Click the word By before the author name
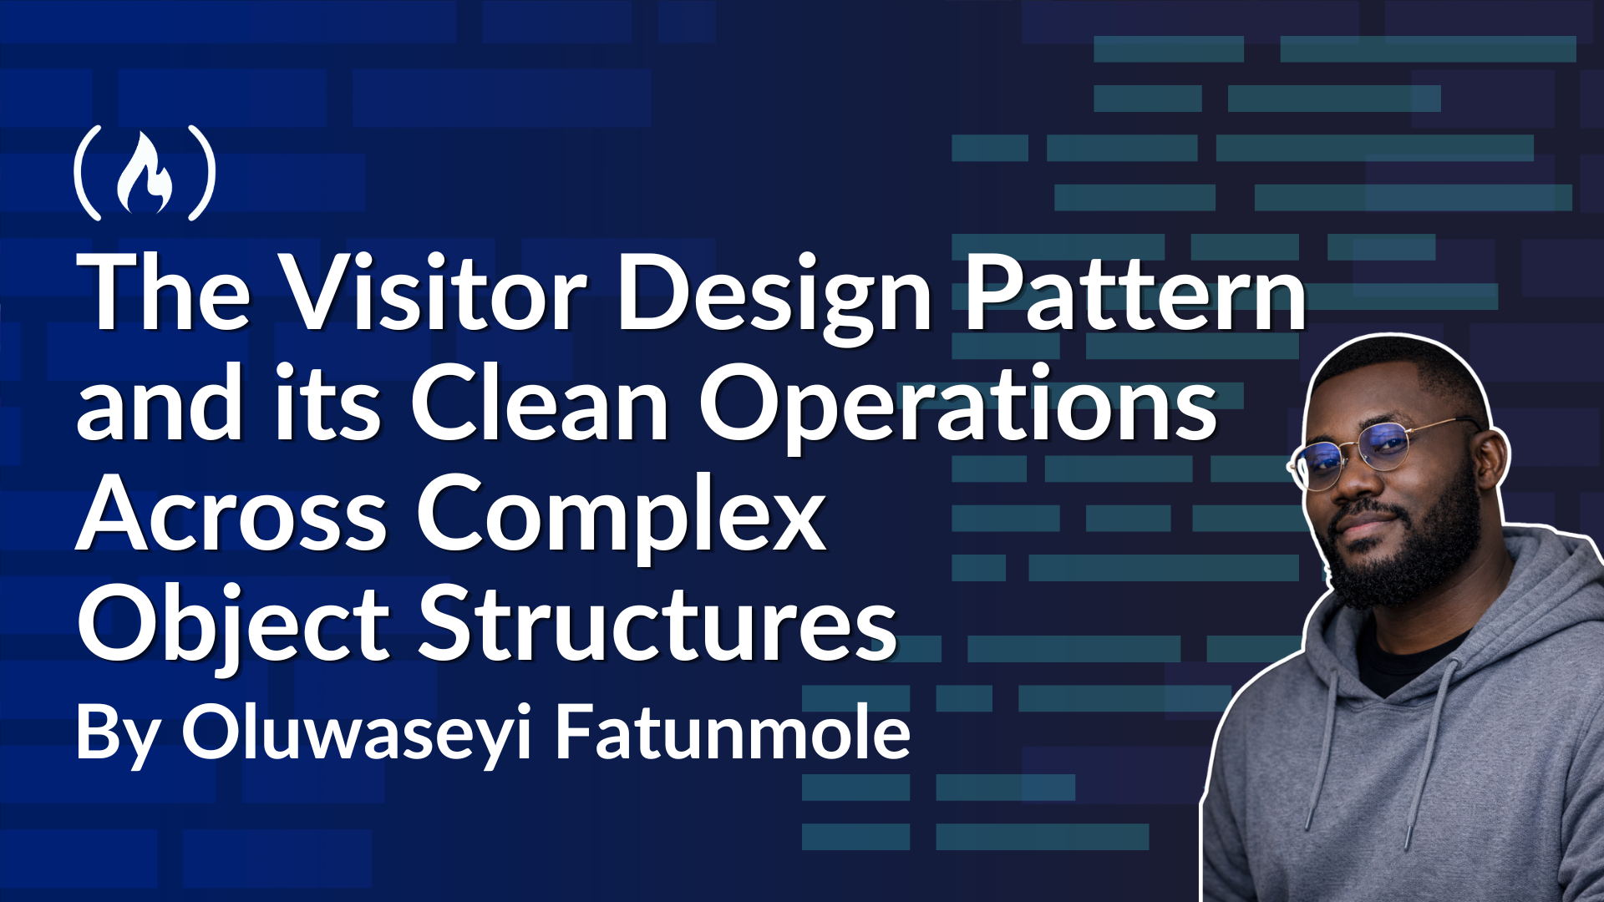117,735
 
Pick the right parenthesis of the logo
202,173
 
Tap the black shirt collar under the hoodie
1412,660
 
